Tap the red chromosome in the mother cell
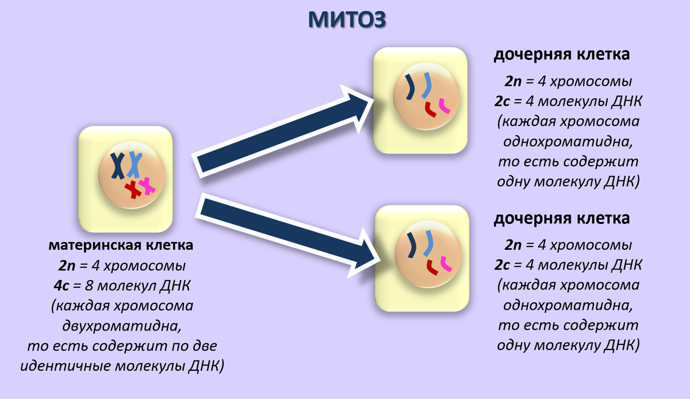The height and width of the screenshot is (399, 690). [133, 188]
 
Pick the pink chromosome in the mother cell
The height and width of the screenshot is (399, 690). [147, 185]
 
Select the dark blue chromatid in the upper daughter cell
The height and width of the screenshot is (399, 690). [409, 87]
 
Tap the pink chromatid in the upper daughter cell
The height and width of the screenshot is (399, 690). [444, 105]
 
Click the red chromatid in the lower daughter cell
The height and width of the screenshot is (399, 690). [431, 267]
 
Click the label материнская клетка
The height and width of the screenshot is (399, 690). [121, 245]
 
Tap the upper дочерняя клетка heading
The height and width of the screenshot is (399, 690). [561, 55]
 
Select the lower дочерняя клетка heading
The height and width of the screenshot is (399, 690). [561, 219]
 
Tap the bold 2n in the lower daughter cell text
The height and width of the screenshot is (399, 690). [513, 245]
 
